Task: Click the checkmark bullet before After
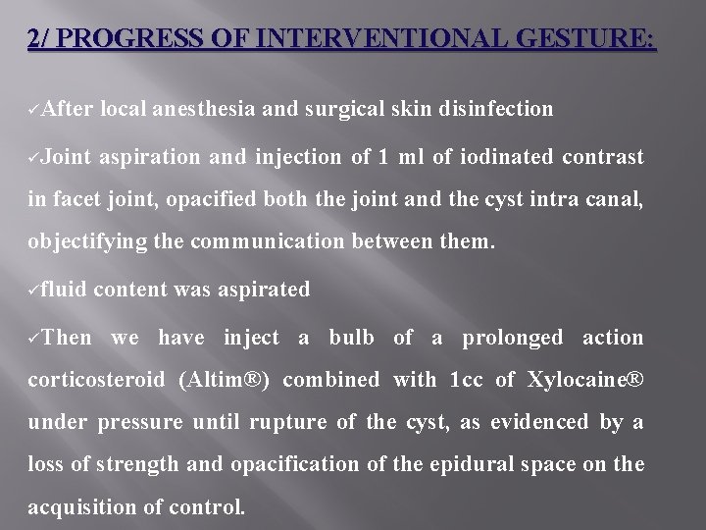tap(35, 109)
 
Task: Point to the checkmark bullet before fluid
tap(35, 290)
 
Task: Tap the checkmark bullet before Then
tap(35, 339)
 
